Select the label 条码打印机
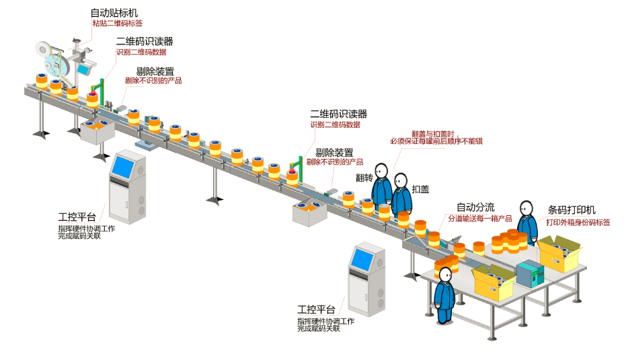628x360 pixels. pos(572,210)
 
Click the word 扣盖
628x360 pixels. pos(421,190)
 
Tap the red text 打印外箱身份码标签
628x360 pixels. pos(577,222)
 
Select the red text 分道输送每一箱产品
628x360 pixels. pos(480,219)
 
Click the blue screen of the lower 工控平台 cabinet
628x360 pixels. pos(362,258)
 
